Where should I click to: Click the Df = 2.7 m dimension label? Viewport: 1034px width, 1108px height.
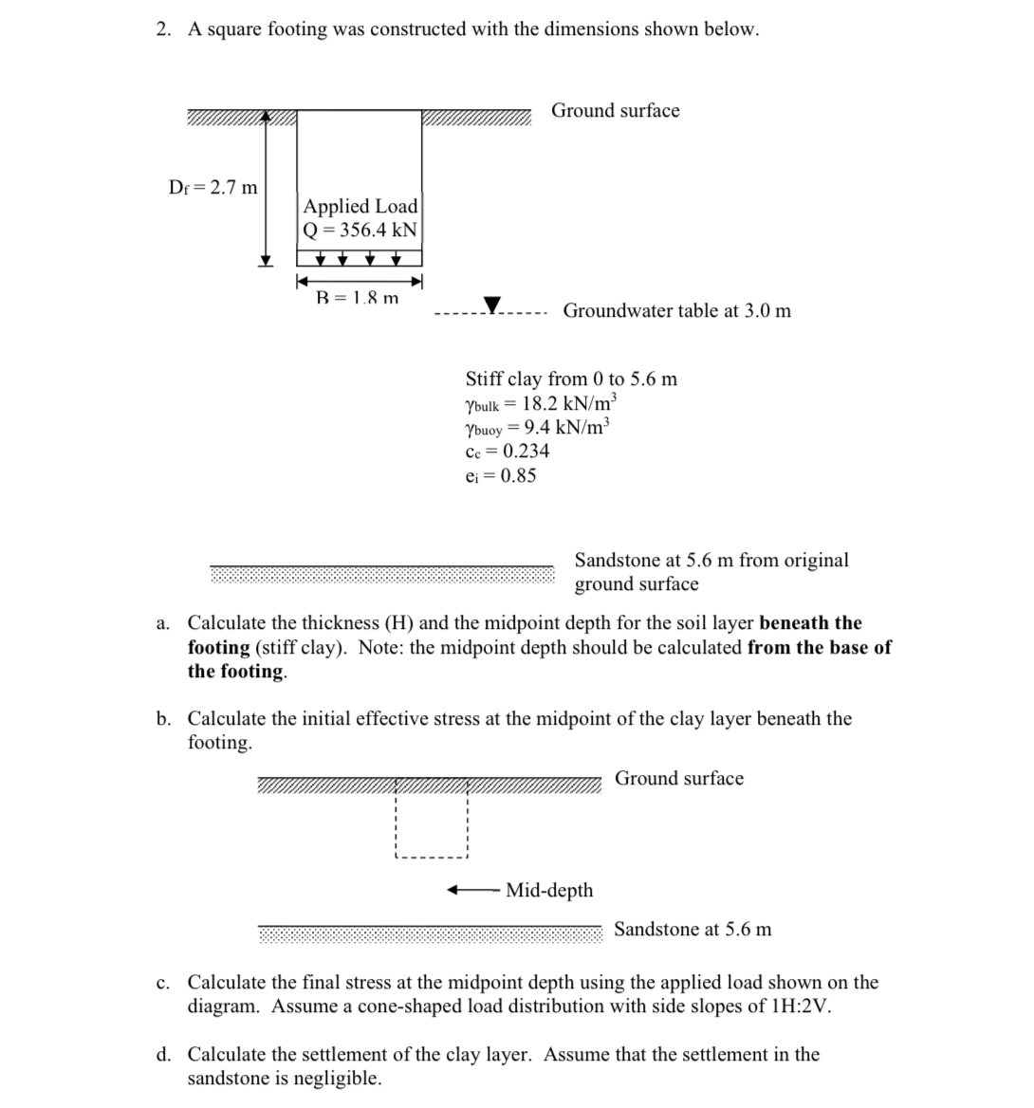pos(212,187)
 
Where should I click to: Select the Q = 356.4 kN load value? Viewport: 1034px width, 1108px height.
pos(360,230)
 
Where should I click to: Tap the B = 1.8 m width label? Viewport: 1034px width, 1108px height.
pos(357,298)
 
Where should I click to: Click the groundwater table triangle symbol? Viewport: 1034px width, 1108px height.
pos(492,305)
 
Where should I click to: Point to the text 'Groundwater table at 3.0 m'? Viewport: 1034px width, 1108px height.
pos(676,310)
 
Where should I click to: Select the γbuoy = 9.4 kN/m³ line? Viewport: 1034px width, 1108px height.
pos(538,427)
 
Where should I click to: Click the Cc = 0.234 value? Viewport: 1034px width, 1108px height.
pos(507,451)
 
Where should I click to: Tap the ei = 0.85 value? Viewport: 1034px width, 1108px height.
pos(500,475)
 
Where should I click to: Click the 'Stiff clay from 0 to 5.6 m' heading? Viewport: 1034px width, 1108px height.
pos(571,379)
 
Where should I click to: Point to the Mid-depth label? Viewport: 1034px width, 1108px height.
pos(549,890)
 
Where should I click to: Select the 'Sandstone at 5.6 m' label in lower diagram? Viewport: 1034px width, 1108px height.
pos(692,929)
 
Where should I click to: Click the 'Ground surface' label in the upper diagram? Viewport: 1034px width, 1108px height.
pos(616,110)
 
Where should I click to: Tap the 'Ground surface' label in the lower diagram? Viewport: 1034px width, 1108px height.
pos(679,778)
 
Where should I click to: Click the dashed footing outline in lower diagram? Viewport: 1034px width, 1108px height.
pos(432,858)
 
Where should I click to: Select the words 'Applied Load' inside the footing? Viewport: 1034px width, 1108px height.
pos(360,206)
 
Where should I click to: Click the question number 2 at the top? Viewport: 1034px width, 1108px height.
pos(163,29)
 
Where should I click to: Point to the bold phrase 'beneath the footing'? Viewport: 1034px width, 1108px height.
pos(811,623)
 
